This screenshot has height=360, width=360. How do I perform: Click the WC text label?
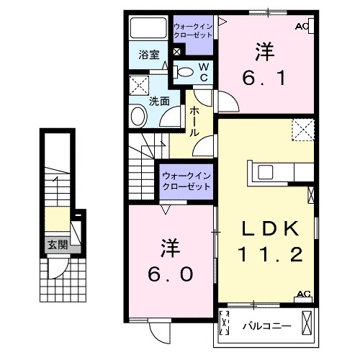(x=204, y=71)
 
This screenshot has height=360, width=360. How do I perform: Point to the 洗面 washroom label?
(x=159, y=102)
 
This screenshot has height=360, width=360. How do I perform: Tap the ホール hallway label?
(x=195, y=122)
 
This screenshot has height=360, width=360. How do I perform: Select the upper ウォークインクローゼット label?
(x=193, y=32)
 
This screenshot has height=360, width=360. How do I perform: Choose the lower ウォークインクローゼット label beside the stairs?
(x=186, y=180)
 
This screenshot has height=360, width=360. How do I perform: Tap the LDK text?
(x=268, y=230)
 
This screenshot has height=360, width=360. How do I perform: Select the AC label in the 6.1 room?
(x=303, y=27)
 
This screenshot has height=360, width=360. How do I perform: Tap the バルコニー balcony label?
(x=266, y=325)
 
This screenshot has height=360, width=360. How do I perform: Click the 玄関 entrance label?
(x=58, y=245)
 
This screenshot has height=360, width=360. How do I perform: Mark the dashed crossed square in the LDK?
(x=302, y=130)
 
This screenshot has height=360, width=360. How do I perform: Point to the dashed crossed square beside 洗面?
(x=140, y=85)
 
